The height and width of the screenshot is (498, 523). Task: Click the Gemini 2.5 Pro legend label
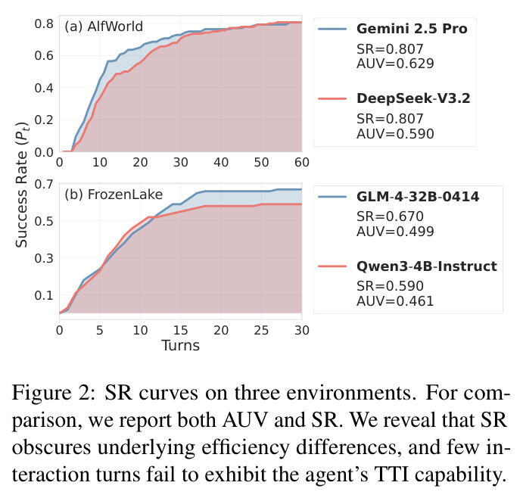[412, 29]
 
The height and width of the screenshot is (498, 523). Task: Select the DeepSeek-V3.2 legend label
[413, 98]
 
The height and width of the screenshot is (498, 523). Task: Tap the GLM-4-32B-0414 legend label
[418, 197]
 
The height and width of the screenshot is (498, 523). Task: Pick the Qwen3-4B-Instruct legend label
[427, 266]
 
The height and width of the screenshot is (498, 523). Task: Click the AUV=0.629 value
[395, 64]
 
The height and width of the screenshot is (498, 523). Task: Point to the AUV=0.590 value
[395, 134]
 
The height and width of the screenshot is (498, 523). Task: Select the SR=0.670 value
[390, 216]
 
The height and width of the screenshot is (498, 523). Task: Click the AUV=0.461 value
[395, 301]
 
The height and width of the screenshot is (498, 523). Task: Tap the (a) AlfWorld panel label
[104, 26]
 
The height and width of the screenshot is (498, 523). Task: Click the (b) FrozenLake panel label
[114, 195]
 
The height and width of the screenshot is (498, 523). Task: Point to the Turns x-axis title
[180, 346]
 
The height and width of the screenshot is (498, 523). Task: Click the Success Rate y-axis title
[22, 185]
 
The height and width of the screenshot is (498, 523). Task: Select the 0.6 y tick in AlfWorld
[44, 56]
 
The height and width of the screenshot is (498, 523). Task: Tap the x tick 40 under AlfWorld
[221, 163]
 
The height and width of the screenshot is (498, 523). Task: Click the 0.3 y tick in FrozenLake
[44, 258]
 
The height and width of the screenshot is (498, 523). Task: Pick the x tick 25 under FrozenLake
[262, 331]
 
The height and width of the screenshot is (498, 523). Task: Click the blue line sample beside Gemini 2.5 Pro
[332, 30]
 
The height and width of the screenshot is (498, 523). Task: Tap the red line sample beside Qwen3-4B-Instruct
[332, 266]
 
